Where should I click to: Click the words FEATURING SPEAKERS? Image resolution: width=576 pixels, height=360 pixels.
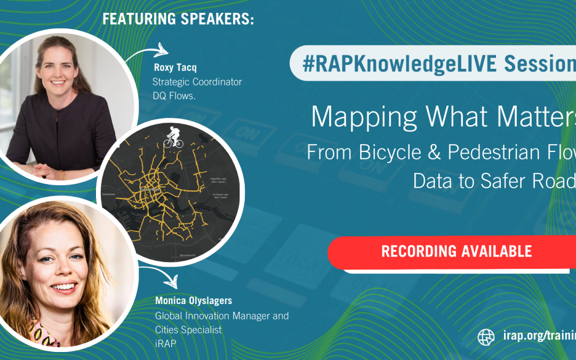coord(178,19)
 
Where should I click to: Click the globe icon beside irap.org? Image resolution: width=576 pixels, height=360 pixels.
coord(486,337)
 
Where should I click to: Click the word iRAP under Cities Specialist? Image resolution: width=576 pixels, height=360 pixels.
coord(165,344)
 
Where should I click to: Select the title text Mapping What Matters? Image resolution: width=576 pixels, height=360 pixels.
coord(443,116)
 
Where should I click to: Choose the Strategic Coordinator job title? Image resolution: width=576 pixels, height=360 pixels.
coord(197,82)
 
